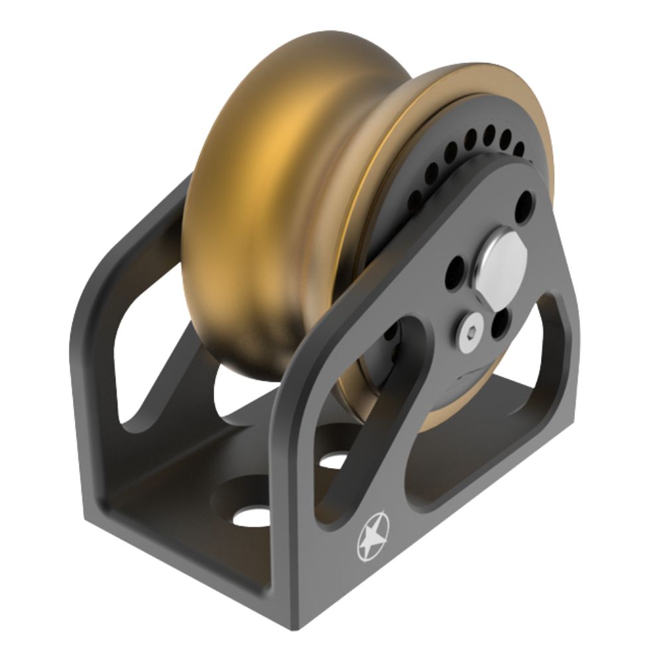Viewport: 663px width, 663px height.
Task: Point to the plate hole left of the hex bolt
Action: click(456, 270)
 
